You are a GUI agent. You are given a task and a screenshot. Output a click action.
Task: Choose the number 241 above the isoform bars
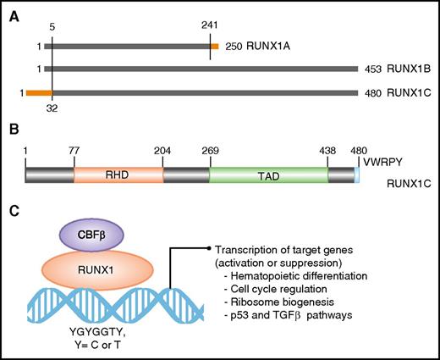pos(209,25)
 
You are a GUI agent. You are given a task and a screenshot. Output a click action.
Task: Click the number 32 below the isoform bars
pos(52,108)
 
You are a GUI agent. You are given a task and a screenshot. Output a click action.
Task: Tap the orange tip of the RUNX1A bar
pos(214,46)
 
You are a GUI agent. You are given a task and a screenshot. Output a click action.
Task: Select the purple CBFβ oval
pos(91,235)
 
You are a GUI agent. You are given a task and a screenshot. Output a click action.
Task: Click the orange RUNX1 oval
pos(94,271)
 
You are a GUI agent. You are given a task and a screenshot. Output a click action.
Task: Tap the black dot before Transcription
pos(208,248)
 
